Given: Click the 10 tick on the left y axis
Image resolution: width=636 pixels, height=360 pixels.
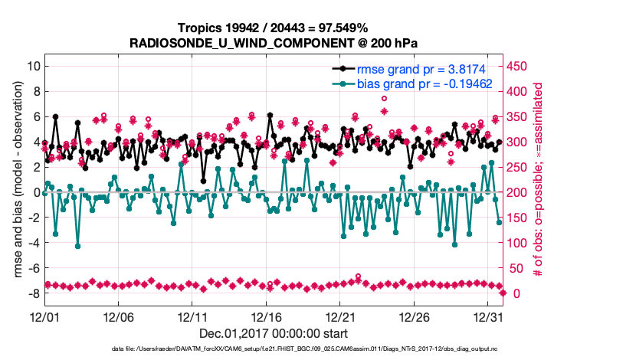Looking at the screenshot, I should click(32, 66).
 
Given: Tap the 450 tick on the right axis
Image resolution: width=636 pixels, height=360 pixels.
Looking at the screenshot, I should click(518, 66).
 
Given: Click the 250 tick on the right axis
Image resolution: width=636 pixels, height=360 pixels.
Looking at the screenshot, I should click(518, 167).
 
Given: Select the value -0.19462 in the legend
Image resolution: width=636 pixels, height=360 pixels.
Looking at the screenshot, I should click(464, 83).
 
